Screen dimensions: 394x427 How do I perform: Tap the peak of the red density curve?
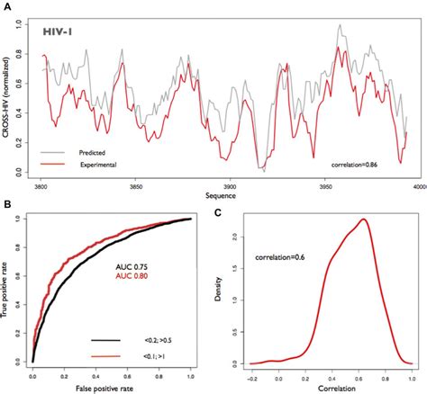click(362, 219)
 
